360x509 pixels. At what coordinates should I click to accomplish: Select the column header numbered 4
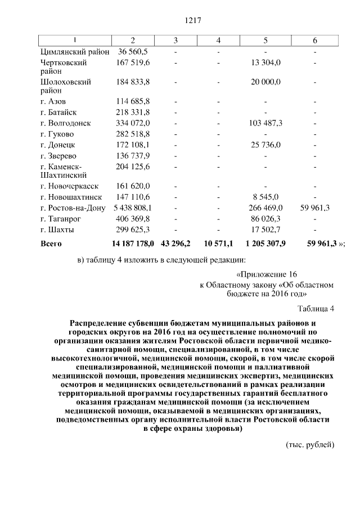218,40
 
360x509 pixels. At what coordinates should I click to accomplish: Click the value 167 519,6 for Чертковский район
133,62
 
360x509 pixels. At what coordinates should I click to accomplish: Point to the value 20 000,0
266,82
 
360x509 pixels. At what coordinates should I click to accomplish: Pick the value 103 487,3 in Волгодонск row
266,123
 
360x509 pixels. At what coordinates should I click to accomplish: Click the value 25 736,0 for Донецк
266,145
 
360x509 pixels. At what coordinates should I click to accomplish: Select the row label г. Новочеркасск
69,186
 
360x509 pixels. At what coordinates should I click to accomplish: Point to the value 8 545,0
266,197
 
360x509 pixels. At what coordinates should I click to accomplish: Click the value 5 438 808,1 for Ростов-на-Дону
133,208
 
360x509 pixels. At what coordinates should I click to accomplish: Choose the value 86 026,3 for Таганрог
266,218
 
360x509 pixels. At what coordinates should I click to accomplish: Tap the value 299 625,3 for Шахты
133,229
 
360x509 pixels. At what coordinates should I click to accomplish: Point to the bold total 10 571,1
218,244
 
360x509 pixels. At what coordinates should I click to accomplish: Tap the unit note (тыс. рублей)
310,445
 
